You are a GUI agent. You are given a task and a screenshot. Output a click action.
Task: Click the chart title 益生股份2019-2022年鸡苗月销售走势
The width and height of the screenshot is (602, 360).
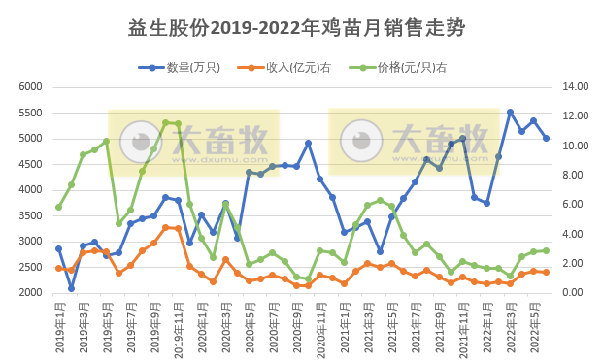click(296, 28)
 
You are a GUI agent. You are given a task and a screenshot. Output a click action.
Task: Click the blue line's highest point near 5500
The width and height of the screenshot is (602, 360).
click(510, 113)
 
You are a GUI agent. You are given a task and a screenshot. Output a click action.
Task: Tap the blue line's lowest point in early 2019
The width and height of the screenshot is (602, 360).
click(71, 288)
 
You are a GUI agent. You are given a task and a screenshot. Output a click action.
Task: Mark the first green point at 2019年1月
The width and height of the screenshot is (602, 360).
click(58, 207)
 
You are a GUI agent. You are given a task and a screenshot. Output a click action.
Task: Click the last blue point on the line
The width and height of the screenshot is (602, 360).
click(546, 138)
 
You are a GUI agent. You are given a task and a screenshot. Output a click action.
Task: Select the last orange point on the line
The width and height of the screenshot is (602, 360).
click(546, 272)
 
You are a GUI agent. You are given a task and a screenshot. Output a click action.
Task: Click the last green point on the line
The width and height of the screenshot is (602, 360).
click(546, 250)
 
